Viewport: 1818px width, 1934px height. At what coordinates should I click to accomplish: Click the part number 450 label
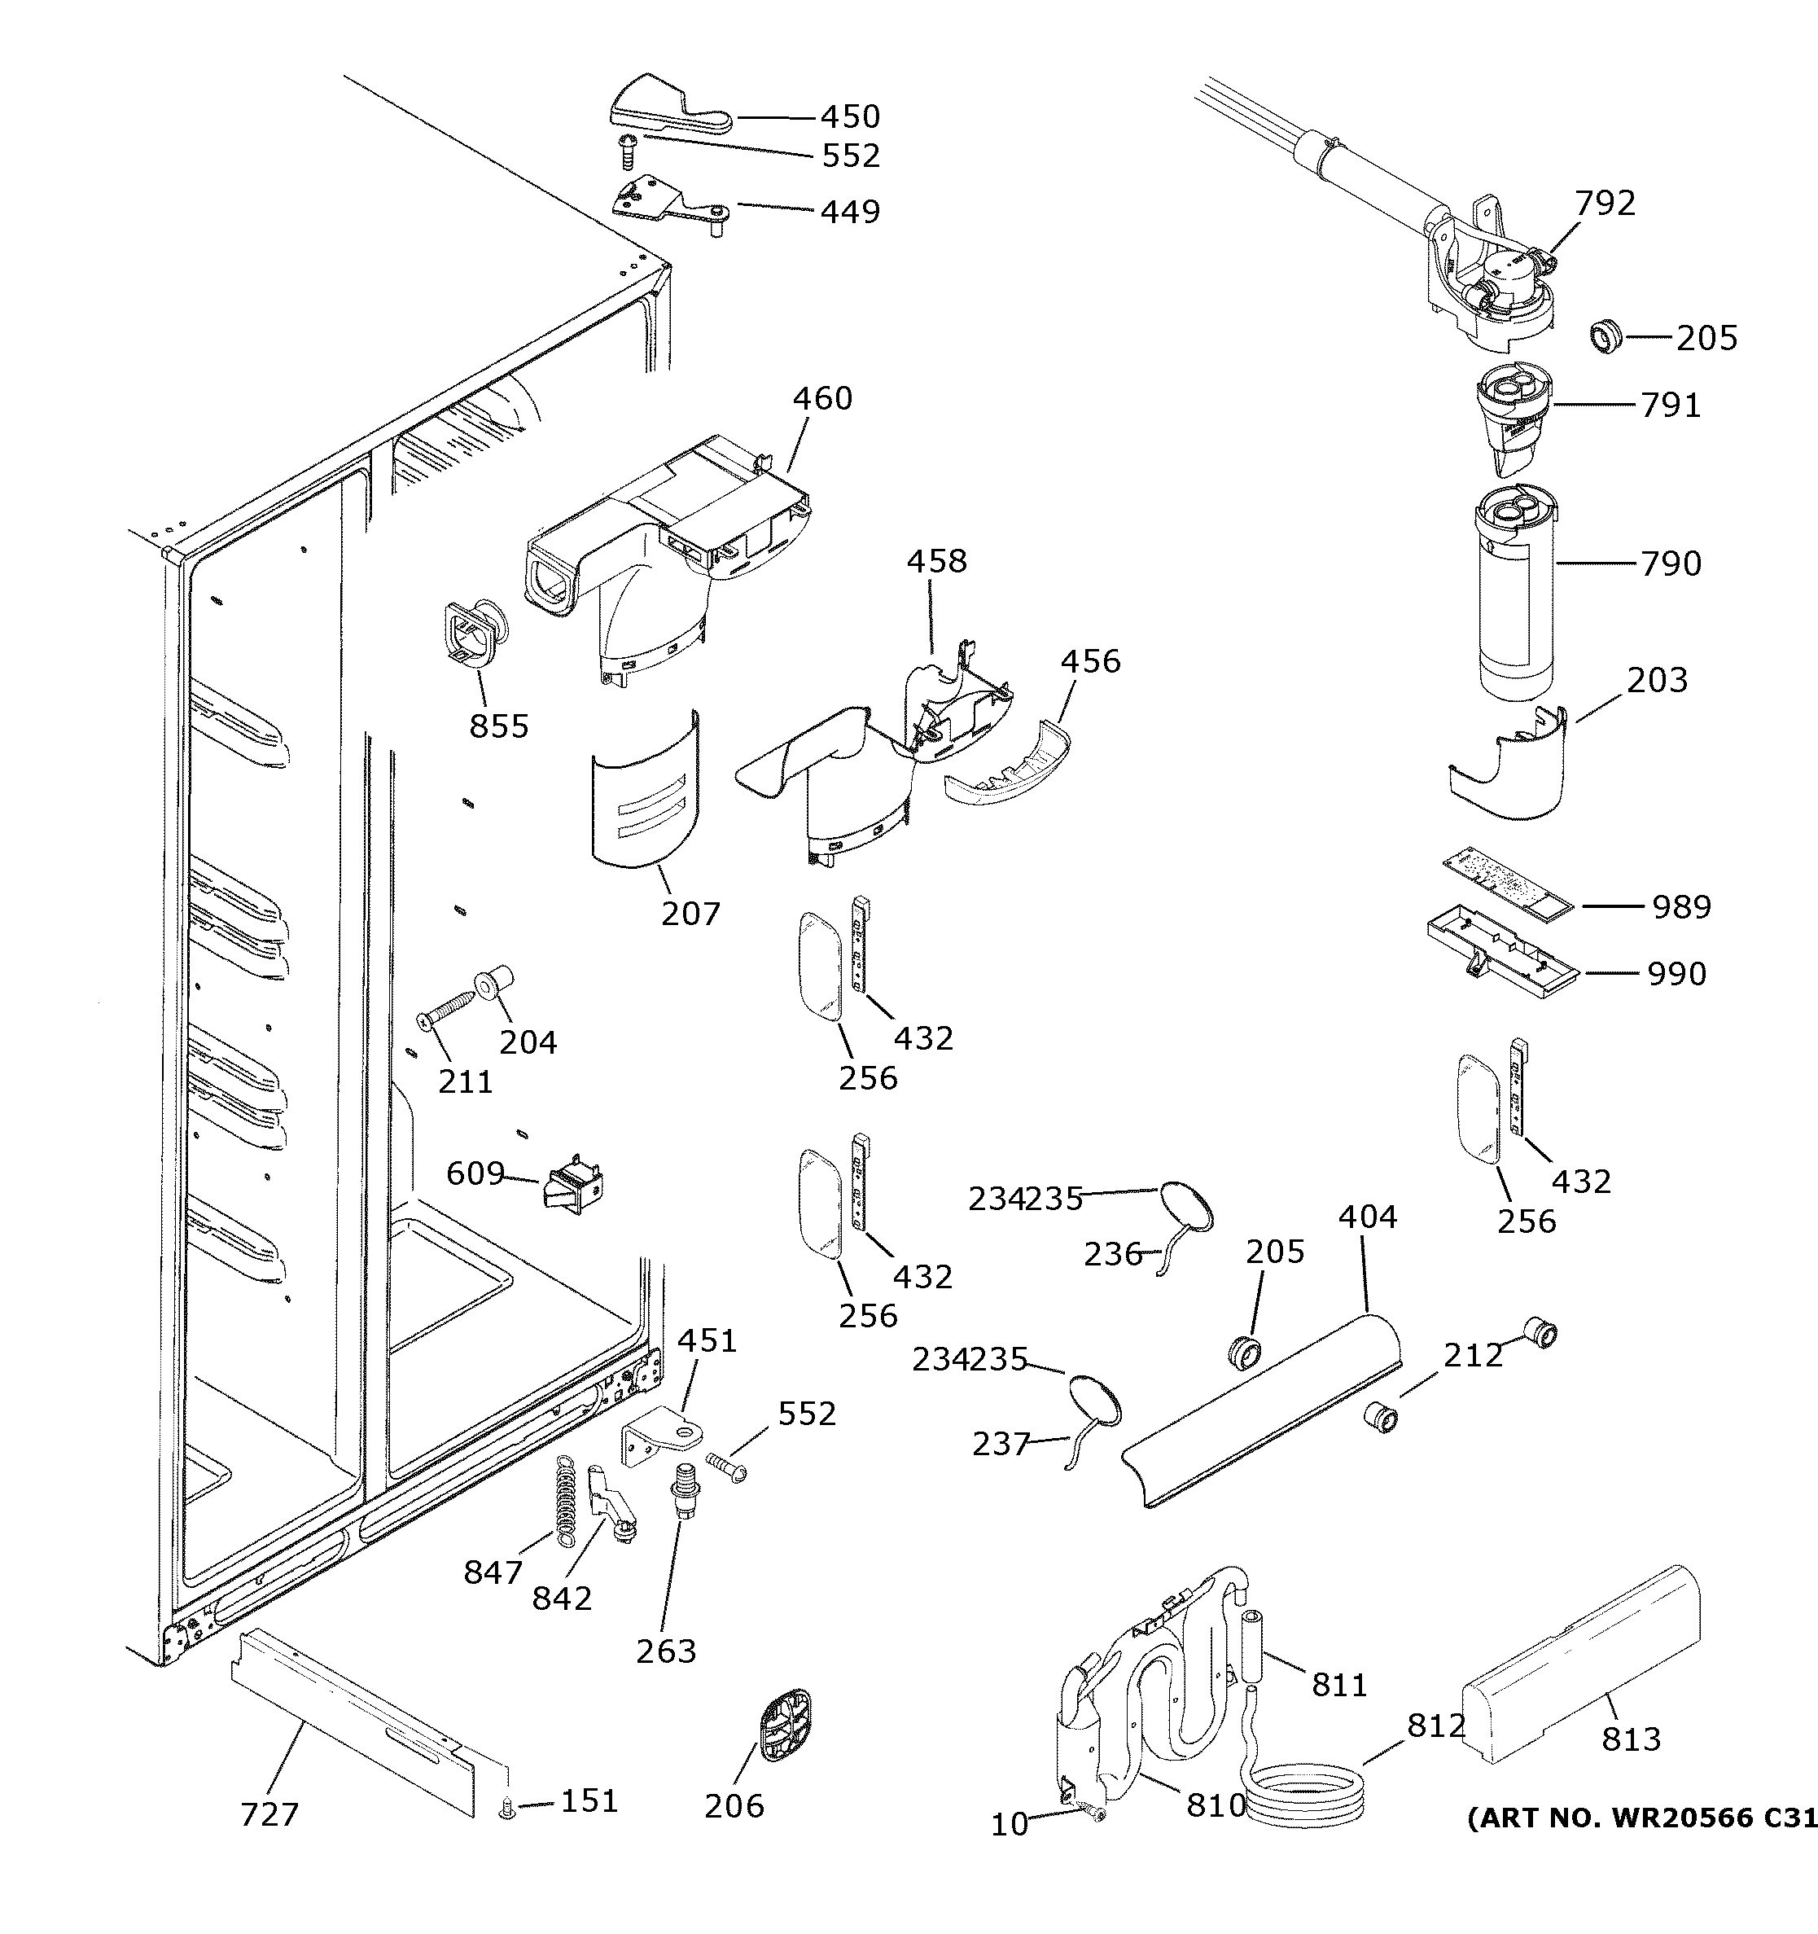click(x=849, y=116)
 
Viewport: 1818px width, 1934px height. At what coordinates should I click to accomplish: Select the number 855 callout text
click(x=499, y=726)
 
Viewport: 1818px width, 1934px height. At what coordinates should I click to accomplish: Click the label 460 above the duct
click(x=822, y=398)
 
